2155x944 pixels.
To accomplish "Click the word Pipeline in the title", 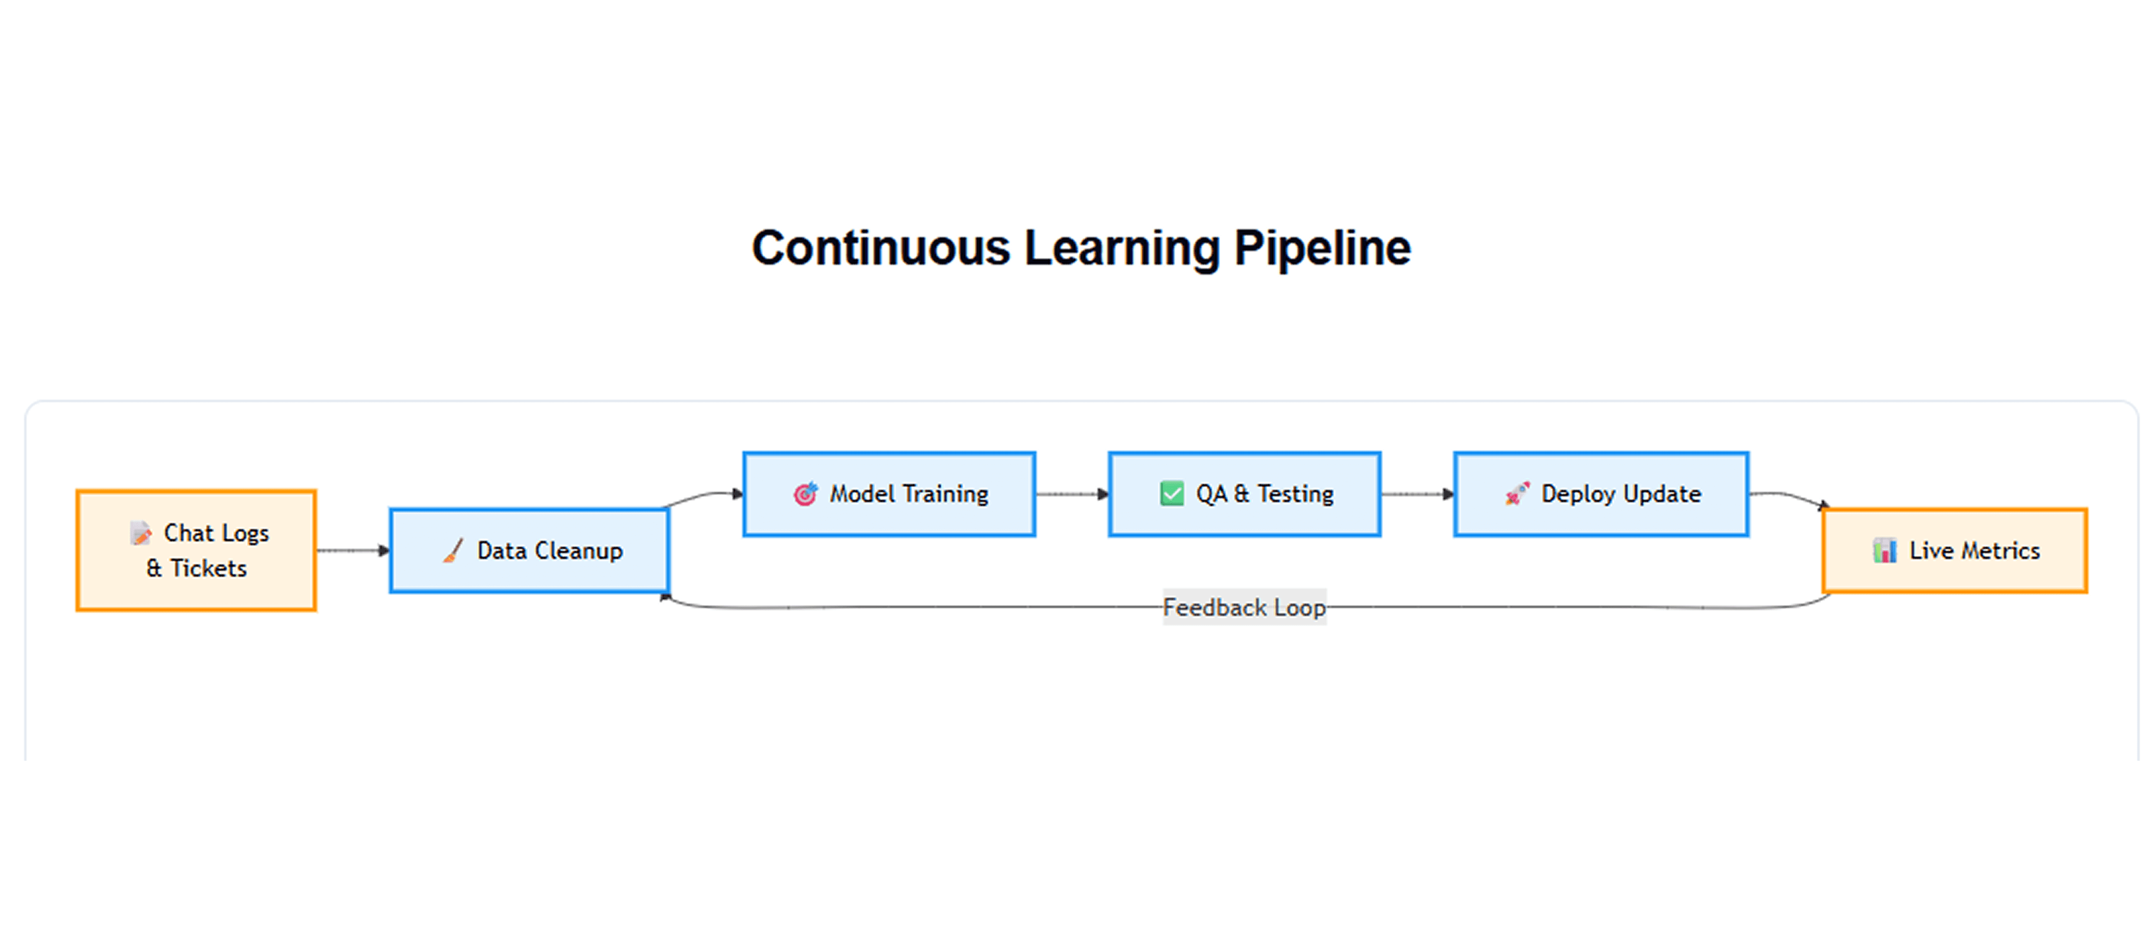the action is click(x=1323, y=248).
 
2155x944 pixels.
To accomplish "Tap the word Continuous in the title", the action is click(x=881, y=248).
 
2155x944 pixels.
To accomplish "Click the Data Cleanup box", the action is click(x=529, y=550).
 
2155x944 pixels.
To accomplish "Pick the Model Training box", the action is click(x=889, y=494).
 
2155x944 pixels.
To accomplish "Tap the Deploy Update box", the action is click(x=1601, y=494).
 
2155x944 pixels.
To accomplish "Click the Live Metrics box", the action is click(x=1955, y=550).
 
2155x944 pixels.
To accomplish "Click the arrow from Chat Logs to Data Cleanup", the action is click(x=353, y=550).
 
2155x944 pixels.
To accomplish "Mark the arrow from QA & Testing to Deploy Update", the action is click(x=1418, y=494).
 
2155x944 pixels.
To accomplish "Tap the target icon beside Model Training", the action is click(x=805, y=494).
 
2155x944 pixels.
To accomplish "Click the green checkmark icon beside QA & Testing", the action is click(x=1172, y=494).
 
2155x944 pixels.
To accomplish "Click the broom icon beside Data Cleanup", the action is click(x=453, y=550).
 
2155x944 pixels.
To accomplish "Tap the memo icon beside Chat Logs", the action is click(x=141, y=532).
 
